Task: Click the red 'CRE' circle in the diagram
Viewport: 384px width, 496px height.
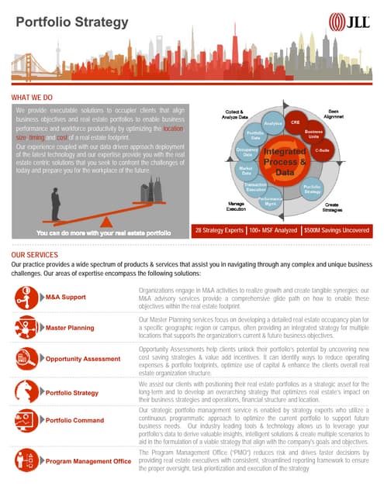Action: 296,122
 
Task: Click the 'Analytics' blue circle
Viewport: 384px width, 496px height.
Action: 272,123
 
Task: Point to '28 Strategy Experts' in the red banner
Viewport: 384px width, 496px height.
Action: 219,230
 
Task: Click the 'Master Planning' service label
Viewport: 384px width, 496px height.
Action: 70,328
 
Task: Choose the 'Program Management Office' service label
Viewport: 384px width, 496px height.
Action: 88,462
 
